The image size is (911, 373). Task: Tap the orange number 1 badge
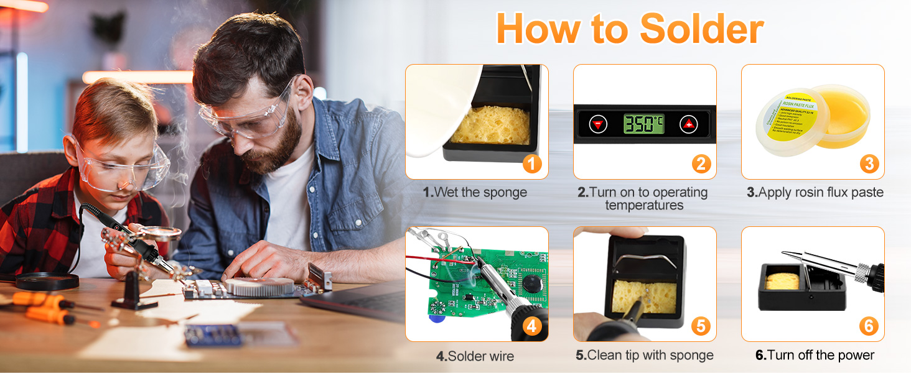(532, 163)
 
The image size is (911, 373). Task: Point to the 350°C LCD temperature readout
(643, 124)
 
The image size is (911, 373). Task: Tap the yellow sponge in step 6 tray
(781, 281)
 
